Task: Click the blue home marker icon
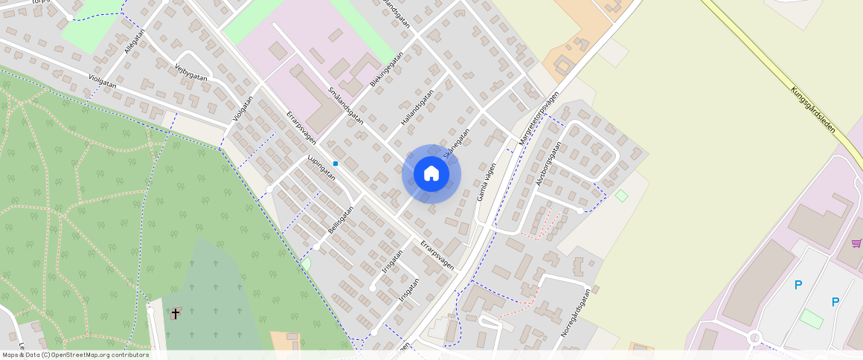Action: tap(431, 174)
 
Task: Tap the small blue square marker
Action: tap(336, 163)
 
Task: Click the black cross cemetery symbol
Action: tap(176, 313)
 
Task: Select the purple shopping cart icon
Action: tap(856, 242)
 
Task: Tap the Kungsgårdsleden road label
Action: tap(813, 109)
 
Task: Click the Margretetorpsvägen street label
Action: tap(539, 118)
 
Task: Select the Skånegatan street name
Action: tap(456, 143)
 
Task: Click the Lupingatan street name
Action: tap(321, 167)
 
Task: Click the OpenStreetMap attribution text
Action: tap(75, 355)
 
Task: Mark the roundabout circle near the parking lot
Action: tap(754, 338)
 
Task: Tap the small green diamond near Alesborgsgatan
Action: tap(621, 195)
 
